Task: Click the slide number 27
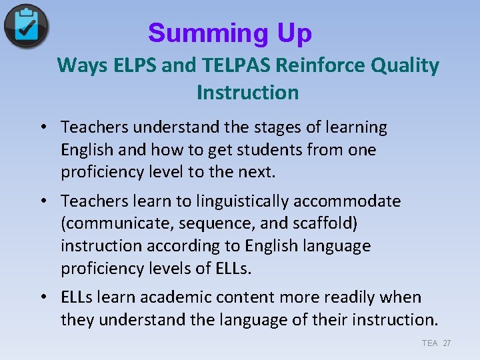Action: coord(447,343)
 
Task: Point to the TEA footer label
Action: coord(429,343)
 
